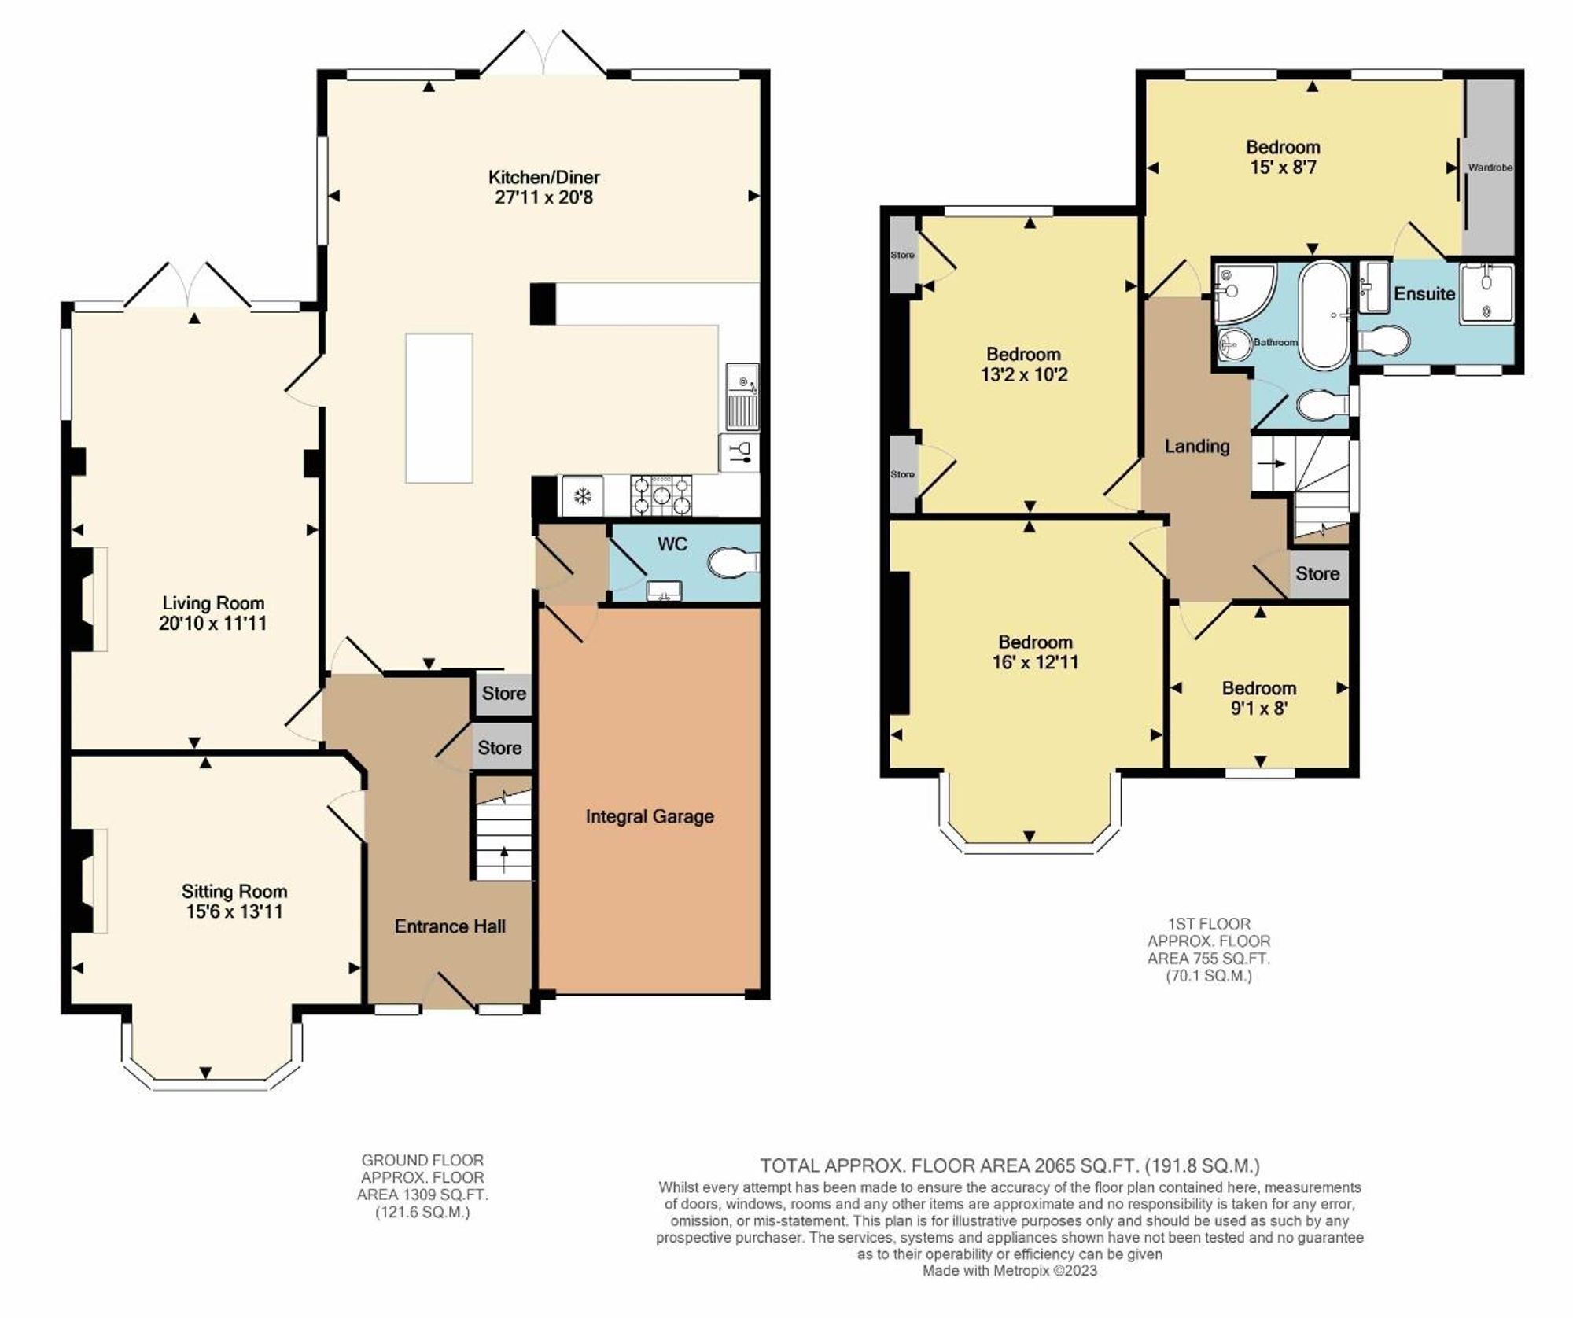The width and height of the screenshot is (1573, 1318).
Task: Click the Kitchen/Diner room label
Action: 543,177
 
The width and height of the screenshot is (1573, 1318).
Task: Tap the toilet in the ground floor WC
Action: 730,563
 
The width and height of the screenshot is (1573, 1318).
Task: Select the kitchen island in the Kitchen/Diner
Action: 439,408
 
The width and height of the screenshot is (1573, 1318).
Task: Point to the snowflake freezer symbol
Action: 582,496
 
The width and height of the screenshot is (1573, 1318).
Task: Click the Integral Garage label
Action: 650,816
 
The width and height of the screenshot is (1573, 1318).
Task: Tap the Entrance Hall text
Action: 450,926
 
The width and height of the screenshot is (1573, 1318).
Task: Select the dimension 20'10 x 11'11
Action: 212,624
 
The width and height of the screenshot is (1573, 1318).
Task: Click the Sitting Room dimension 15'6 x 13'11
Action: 234,911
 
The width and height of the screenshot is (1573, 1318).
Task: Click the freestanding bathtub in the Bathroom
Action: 1323,315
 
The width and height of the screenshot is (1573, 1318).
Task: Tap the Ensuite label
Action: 1424,293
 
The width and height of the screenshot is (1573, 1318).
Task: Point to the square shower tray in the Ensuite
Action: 1486,294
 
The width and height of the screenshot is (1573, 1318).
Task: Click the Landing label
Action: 1196,446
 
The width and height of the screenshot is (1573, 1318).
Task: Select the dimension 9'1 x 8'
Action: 1258,708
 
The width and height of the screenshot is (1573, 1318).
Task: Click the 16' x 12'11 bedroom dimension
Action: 1035,662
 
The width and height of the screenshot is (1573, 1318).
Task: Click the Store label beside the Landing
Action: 1317,574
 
